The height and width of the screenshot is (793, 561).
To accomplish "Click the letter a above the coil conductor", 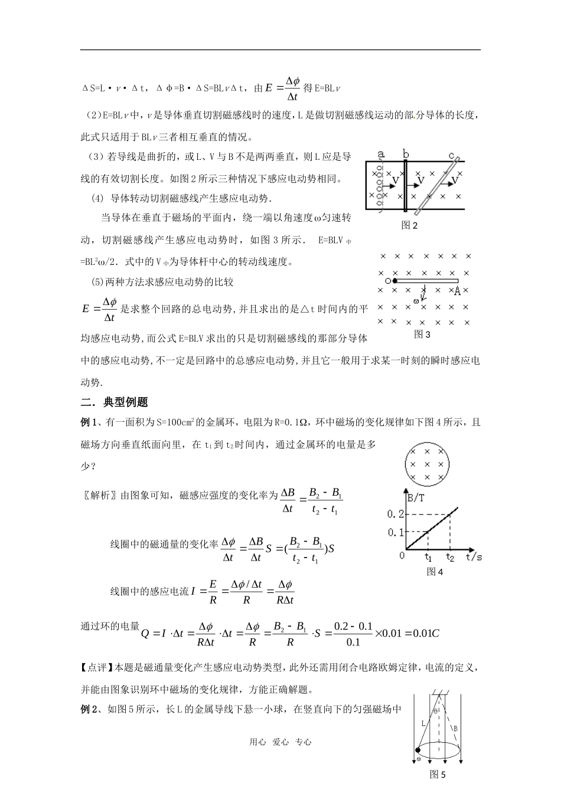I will click(x=381, y=155).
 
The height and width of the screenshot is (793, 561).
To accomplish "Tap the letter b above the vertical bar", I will click(x=406, y=154).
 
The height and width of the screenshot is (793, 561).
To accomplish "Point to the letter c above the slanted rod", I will click(x=452, y=156).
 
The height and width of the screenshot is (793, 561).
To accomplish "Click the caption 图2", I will click(x=409, y=225).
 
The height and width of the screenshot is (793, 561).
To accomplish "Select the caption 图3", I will click(x=422, y=334).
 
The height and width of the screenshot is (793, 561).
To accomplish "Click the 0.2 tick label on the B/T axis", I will click(x=395, y=514).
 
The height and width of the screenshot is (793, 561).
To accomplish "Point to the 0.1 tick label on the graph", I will click(x=395, y=532).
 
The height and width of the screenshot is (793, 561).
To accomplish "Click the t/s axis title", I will click(x=474, y=556).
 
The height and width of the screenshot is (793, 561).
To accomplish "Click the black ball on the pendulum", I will click(x=419, y=750).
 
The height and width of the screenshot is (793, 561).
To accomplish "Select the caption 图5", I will click(x=438, y=775).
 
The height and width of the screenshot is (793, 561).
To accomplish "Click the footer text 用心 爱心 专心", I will click(x=280, y=742).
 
